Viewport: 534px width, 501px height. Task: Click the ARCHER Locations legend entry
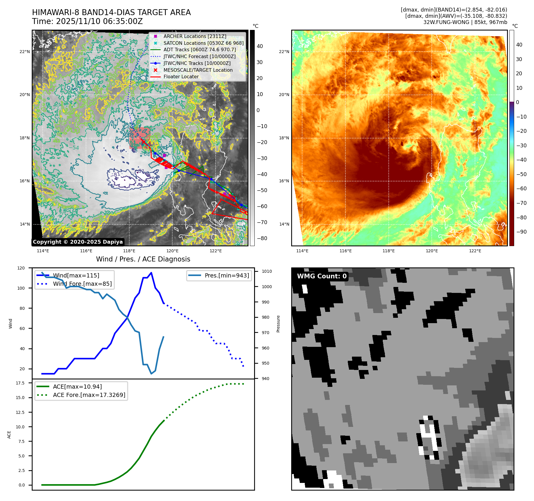pos(195,36)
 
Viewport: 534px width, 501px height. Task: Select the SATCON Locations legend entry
pos(203,43)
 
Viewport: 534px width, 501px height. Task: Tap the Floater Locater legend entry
pos(181,76)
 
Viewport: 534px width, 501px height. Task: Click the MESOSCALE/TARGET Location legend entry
pos(198,70)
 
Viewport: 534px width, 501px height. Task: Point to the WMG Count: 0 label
pos(322,276)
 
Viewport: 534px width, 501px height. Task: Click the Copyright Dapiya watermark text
pos(78,242)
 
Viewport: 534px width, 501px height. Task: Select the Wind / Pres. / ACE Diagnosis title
pos(143,259)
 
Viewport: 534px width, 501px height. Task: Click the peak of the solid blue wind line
pos(151,273)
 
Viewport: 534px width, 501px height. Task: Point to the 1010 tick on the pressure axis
pos(267,271)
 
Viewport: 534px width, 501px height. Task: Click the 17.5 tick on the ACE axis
pos(20,383)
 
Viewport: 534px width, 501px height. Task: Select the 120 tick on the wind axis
pos(21,268)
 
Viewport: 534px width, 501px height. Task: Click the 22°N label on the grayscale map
pos(25,52)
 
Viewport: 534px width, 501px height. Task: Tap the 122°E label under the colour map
pos(475,251)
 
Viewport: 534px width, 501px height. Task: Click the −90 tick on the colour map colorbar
pos(521,232)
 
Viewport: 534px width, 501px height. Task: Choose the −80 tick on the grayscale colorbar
pos(262,238)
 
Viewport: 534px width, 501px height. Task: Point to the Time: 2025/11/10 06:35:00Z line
pos(87,21)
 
